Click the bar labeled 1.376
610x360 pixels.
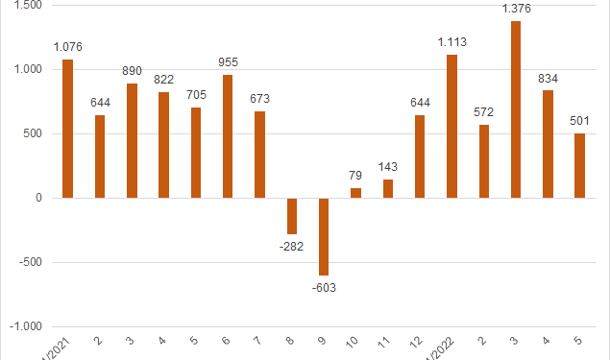tap(516, 109)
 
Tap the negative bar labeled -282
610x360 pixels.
tap(292, 216)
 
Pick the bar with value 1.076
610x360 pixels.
tap(67, 129)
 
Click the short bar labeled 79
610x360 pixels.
tap(355, 193)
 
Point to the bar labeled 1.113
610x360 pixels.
tap(451, 126)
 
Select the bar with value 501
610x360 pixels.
tap(579, 165)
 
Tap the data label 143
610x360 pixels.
tap(387, 167)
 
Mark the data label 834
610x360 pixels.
tap(548, 78)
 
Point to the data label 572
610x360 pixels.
tap(483, 111)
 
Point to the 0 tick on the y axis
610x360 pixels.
tap(38, 198)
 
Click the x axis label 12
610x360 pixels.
tap(419, 340)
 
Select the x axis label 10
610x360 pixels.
tap(355, 340)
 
